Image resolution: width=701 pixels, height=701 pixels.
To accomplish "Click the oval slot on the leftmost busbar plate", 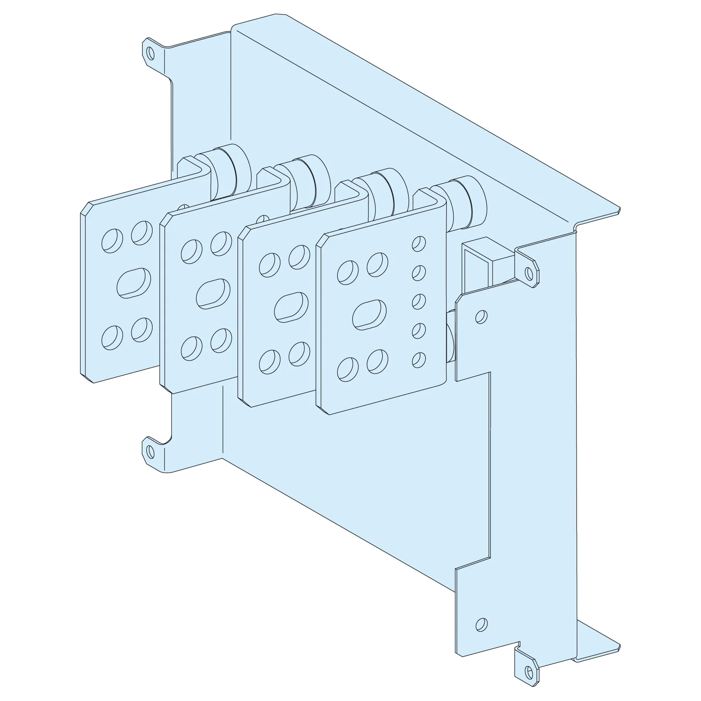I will click(x=134, y=283).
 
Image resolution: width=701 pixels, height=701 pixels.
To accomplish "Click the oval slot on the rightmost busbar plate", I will click(x=370, y=314).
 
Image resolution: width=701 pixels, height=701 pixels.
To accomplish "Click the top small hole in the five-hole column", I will click(x=419, y=243).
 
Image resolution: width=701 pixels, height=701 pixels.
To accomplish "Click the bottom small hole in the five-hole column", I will click(x=419, y=360).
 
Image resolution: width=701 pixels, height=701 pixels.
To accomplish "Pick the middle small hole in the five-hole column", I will click(x=419, y=302).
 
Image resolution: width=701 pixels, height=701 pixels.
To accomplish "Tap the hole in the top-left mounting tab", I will click(x=150, y=53).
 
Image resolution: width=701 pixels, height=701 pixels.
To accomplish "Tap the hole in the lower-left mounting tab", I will click(x=150, y=451).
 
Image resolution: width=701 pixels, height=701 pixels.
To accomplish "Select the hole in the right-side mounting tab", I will click(x=529, y=274).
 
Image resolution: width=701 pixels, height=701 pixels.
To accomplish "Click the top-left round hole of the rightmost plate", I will click(x=347, y=273).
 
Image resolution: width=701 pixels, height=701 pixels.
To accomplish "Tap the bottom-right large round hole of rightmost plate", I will click(x=377, y=361).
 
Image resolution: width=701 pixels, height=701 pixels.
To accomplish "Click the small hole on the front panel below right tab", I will click(x=482, y=317).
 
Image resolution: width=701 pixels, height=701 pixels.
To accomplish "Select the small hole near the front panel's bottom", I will click(x=482, y=624).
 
